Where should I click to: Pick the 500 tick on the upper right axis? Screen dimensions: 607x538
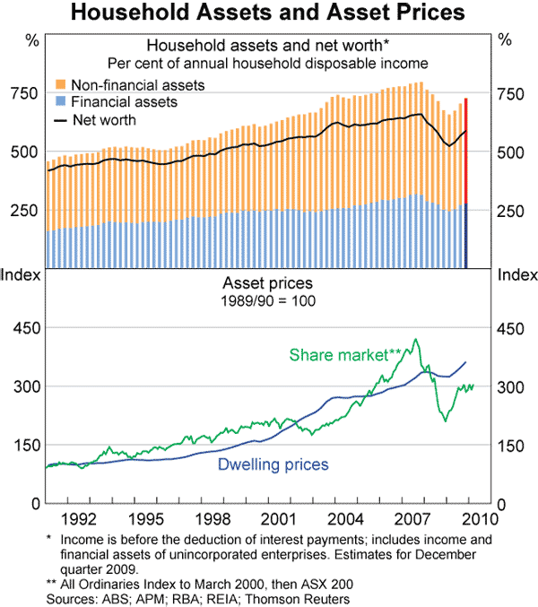509,152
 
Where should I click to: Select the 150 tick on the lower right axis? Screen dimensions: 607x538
509,445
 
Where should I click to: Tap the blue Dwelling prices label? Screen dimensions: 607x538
273,464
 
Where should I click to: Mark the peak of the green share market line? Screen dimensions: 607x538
414,340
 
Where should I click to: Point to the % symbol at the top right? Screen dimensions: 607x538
504,39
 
